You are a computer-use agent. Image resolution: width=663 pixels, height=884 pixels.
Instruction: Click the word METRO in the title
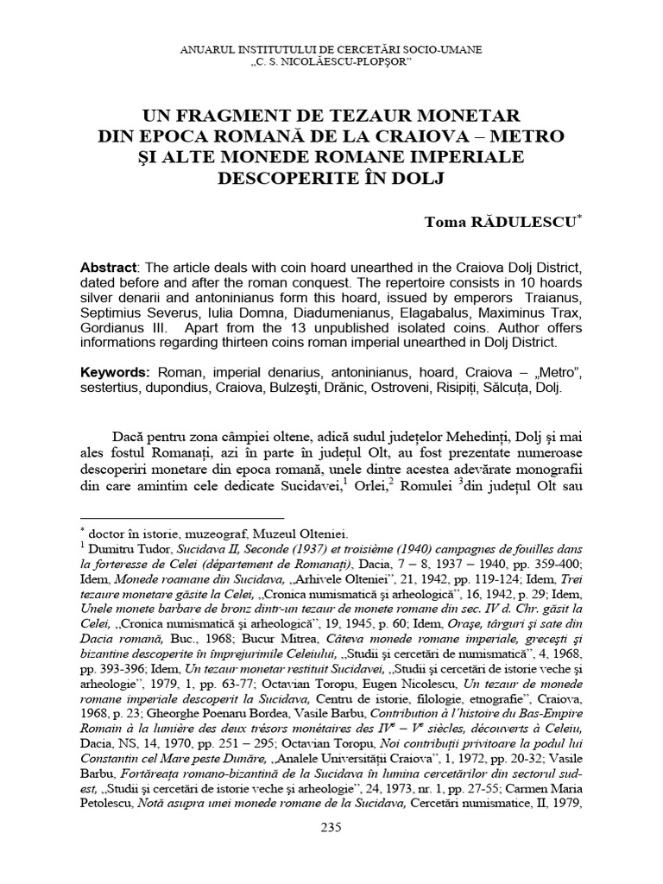point(525,136)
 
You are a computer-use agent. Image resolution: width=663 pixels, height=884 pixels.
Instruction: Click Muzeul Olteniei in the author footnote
point(300,532)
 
